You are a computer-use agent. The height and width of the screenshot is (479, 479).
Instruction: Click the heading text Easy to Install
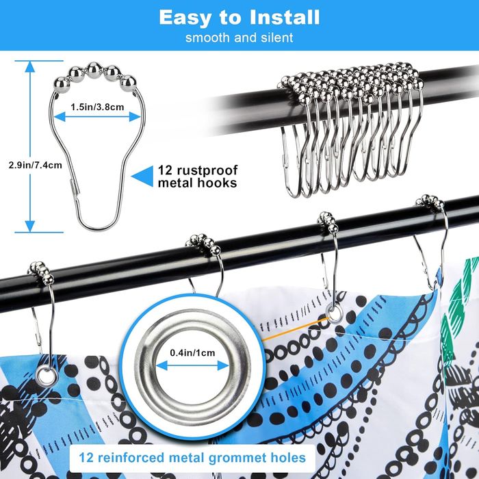(239, 17)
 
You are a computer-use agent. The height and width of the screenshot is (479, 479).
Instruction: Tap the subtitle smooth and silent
(239, 38)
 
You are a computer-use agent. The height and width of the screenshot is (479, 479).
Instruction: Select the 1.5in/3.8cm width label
(97, 107)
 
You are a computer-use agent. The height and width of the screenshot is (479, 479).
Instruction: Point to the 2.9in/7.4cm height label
(35, 166)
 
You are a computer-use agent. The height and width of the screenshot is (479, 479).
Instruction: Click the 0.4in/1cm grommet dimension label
(192, 353)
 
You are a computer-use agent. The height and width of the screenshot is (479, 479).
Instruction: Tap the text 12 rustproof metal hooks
(198, 177)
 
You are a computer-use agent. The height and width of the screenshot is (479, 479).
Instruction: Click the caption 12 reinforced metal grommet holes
(192, 458)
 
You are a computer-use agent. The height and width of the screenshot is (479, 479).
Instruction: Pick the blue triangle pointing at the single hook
(143, 177)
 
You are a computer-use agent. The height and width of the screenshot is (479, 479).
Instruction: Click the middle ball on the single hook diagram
(94, 70)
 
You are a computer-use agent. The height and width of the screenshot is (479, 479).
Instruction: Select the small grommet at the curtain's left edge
(47, 376)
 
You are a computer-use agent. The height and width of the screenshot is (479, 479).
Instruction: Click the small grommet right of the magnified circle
(334, 313)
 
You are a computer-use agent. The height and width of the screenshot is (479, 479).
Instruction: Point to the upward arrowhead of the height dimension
(30, 66)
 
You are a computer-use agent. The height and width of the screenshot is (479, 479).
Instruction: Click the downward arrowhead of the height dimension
(30, 226)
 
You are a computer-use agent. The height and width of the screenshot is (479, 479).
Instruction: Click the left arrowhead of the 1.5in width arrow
(60, 117)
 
